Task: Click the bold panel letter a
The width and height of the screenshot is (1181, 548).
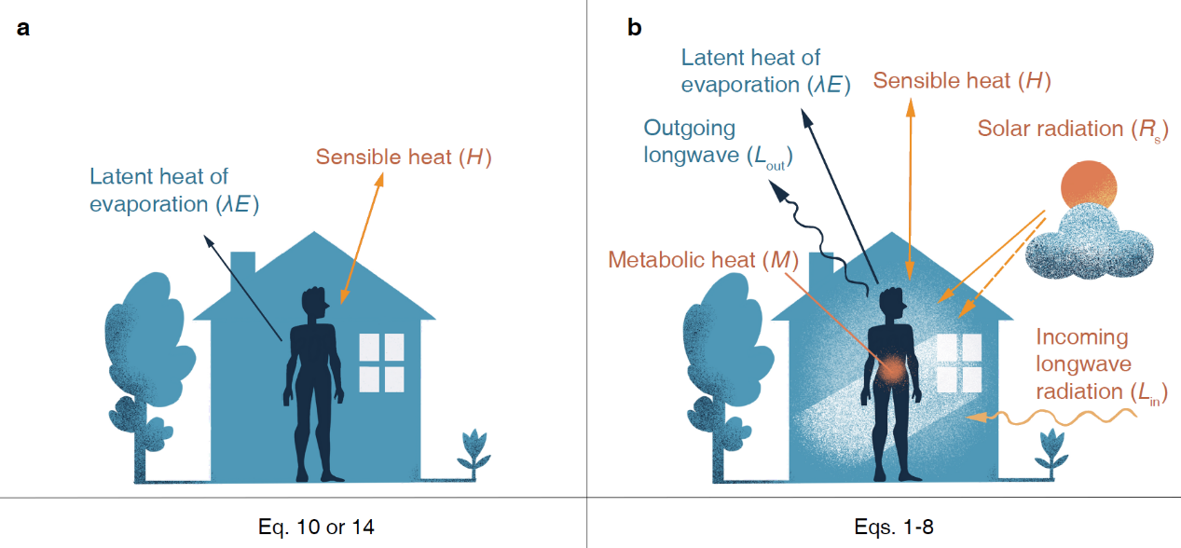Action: coord(23,28)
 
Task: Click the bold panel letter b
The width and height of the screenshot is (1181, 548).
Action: coord(635,28)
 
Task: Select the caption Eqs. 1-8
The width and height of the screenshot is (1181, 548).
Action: coord(893,527)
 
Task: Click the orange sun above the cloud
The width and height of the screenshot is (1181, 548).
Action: coord(1087,186)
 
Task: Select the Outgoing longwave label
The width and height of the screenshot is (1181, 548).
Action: coord(708,141)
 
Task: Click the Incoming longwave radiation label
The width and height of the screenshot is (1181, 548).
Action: coord(1101,365)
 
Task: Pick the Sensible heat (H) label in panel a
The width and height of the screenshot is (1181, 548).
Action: coord(403,157)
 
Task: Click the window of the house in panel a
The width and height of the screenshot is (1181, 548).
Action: coord(381,363)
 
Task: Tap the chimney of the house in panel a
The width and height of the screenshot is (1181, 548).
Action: coord(242,265)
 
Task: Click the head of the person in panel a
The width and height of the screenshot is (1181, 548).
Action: coord(314,304)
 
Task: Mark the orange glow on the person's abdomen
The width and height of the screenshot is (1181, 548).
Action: coord(892,369)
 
